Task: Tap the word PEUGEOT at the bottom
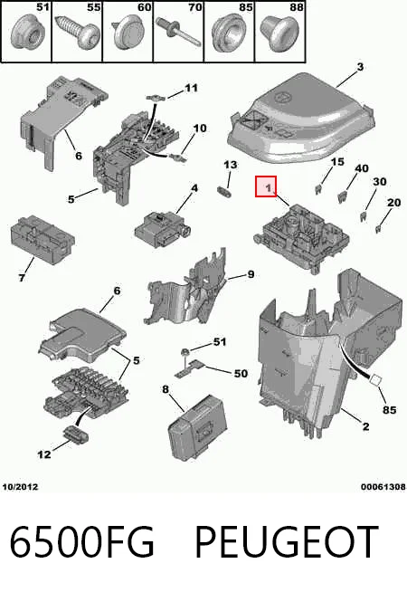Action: point(287,542)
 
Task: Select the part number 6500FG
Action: point(81,542)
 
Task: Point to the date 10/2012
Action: point(21,487)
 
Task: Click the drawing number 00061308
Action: point(383,487)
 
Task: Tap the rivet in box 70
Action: point(179,32)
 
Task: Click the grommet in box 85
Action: point(228,35)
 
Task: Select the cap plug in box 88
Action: point(279,34)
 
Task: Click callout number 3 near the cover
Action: point(360,67)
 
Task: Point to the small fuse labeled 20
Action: point(377,229)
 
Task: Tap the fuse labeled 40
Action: point(342,196)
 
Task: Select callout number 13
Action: point(230,165)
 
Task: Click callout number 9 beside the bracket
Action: point(251,274)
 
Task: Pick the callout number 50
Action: point(241,374)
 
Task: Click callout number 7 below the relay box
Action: point(22,278)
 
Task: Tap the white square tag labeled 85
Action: point(375,380)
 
